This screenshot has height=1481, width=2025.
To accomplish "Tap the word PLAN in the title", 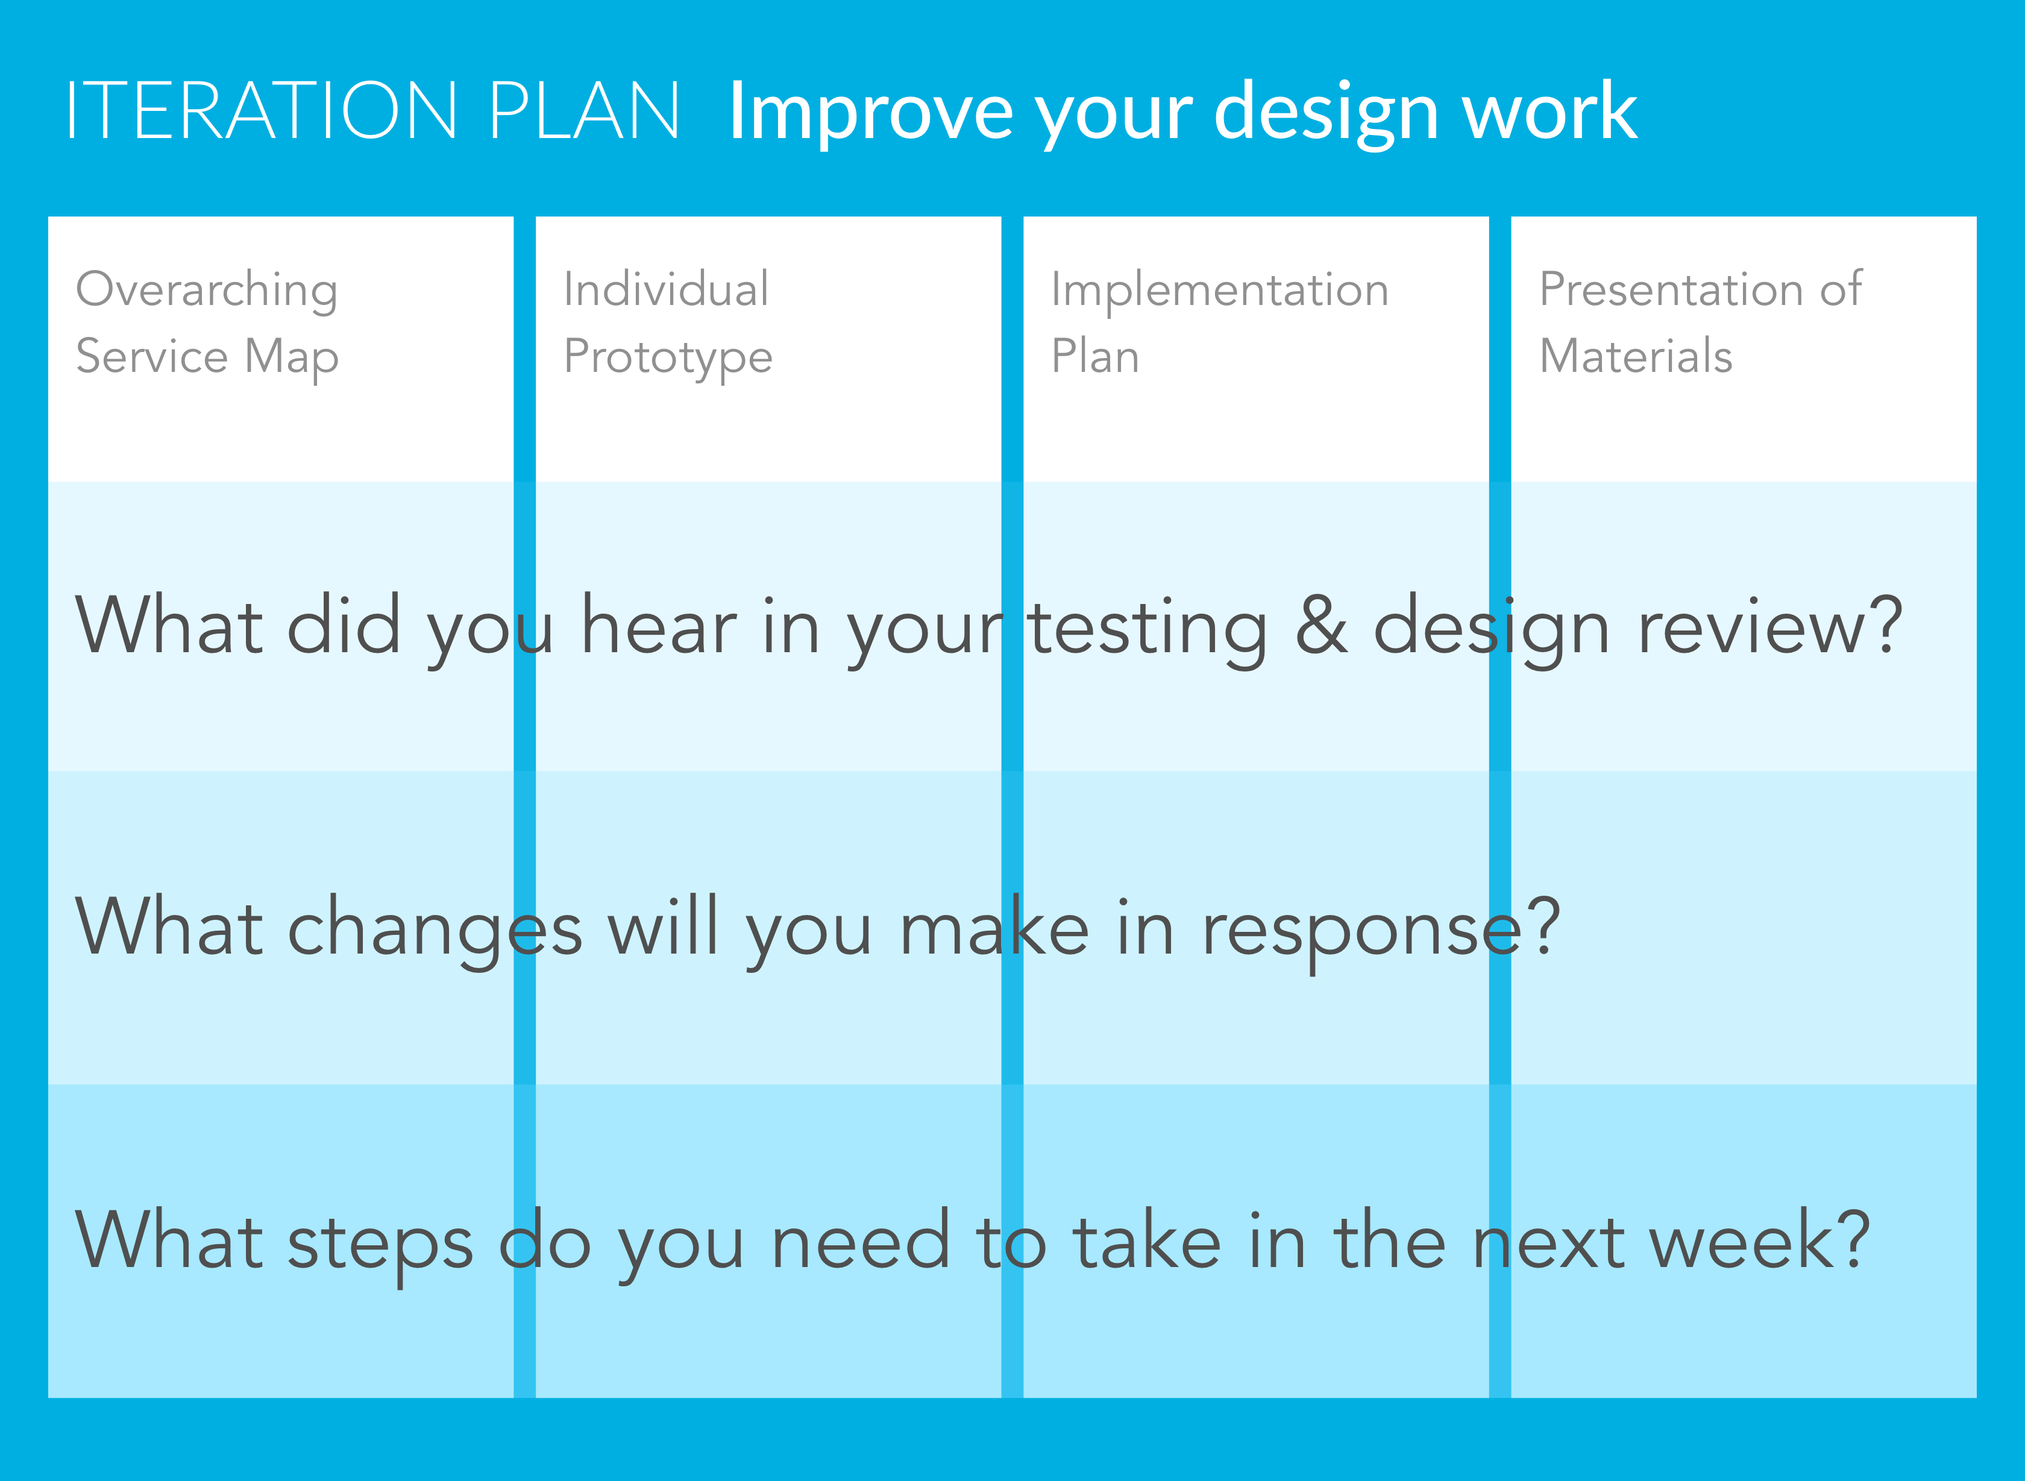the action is (585, 110).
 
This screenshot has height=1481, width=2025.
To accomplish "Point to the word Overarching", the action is (207, 291).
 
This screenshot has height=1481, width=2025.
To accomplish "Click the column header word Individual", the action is (666, 289).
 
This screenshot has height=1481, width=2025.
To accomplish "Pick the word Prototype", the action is (668, 357).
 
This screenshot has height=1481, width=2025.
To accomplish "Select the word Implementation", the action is (1220, 291).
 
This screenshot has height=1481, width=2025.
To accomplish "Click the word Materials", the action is (1636, 355).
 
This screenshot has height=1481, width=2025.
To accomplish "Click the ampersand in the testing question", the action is (1321, 625).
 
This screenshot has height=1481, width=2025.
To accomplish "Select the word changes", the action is (435, 932).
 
